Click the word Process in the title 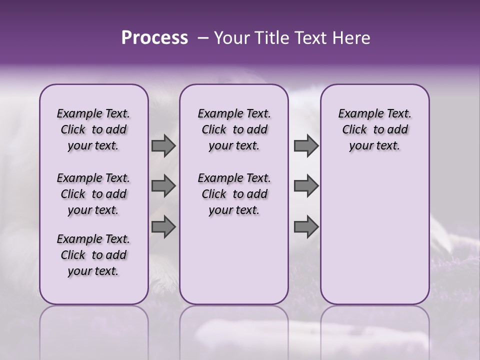point(154,38)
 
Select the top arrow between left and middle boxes point(163,146)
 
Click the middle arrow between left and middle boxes point(163,186)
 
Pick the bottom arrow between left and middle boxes point(163,227)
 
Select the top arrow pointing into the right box point(306,146)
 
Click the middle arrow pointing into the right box point(306,186)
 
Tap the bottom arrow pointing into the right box point(306,227)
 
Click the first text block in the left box point(93,129)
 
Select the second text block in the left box point(93,194)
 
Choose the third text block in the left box point(93,255)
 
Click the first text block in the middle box point(234,129)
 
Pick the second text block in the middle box point(234,194)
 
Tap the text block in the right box point(374,129)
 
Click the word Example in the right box point(356,114)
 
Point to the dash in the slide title point(203,38)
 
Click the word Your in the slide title point(229,38)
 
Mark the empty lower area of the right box point(374,235)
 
